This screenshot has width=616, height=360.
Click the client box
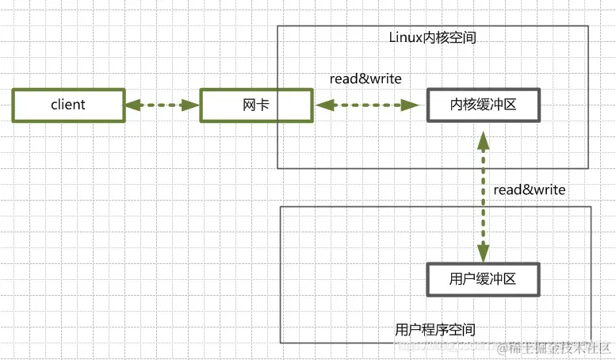[68, 105]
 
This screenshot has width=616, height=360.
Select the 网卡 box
[255, 105]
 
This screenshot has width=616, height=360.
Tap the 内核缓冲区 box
[483, 105]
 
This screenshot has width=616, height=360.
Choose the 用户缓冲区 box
[483, 279]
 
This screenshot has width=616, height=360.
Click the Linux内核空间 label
[433, 37]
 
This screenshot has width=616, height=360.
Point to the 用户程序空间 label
[435, 328]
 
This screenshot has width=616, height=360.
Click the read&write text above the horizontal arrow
[365, 79]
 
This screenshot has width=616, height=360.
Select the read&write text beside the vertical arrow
[529, 190]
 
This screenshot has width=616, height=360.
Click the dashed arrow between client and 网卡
[162, 105]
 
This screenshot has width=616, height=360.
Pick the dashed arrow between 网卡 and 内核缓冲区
[366, 105]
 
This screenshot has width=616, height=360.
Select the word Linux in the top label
[404, 37]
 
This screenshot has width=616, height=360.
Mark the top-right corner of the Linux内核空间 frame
[588, 26]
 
